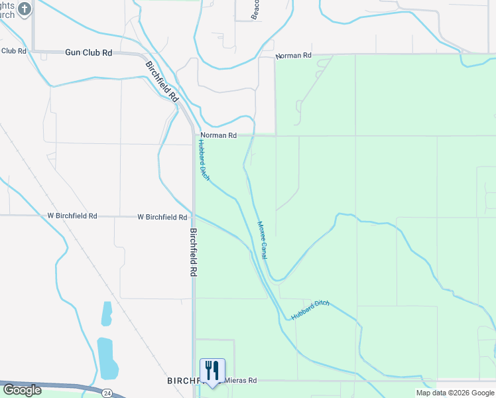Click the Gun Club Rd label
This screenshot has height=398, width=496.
pyautogui.click(x=89, y=52)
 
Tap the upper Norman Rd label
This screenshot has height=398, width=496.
pyautogui.click(x=293, y=56)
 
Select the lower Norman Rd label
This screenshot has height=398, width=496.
pyautogui.click(x=218, y=135)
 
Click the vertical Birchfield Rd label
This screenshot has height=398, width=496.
pyautogui.click(x=194, y=253)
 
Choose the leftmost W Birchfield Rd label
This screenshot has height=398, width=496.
pyautogui.click(x=72, y=216)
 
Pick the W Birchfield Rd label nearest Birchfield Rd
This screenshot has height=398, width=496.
pyautogui.click(x=162, y=217)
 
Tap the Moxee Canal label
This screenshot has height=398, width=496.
pyautogui.click(x=263, y=239)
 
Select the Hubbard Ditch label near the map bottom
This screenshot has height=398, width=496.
pyautogui.click(x=310, y=310)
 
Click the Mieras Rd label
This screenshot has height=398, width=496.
pyautogui.click(x=240, y=381)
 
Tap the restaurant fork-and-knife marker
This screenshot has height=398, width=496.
pyautogui.click(x=212, y=371)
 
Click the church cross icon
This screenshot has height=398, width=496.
pyautogui.click(x=25, y=9)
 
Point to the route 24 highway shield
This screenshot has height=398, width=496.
pyautogui.click(x=107, y=393)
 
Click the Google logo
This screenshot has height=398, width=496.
pyautogui.click(x=22, y=390)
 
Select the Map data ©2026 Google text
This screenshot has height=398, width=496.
pyautogui.click(x=454, y=393)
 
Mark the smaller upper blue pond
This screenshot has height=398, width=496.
pyautogui.click(x=106, y=314)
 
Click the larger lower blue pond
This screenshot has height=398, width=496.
pyautogui.click(x=107, y=356)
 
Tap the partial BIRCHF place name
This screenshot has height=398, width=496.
pyautogui.click(x=183, y=381)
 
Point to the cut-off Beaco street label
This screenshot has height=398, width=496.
pyautogui.click(x=254, y=10)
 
